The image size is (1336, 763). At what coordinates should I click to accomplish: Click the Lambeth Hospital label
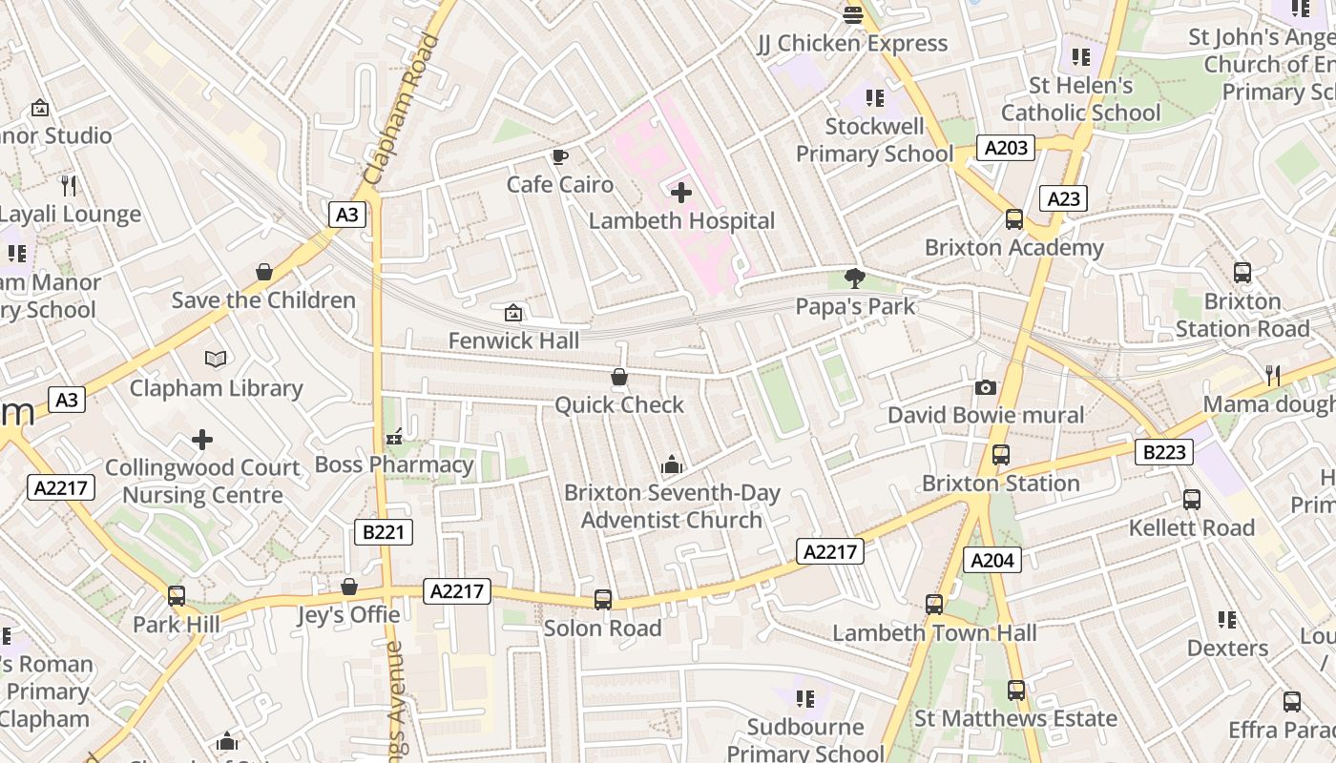[681, 221]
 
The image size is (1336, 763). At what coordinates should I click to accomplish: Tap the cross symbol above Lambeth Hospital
[681, 193]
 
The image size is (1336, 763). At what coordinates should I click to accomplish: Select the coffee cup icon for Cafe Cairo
[560, 156]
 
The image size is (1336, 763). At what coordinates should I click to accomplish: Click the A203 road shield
[1006, 148]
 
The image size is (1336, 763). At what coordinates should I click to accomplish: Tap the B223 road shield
[1164, 452]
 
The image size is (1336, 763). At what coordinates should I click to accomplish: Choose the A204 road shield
[992, 560]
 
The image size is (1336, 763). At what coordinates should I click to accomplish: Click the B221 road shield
[384, 532]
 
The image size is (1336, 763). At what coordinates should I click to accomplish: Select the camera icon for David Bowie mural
[986, 387]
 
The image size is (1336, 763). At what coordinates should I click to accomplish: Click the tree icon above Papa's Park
[855, 278]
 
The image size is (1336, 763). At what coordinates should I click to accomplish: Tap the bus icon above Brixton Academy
[1014, 219]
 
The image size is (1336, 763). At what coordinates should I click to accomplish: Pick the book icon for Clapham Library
[217, 360]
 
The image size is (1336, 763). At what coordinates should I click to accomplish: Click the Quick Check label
[619, 405]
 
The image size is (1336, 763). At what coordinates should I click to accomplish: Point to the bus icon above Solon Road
[603, 600]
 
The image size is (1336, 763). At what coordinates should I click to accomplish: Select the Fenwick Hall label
[513, 340]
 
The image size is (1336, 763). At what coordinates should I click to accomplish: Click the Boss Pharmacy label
[394, 464]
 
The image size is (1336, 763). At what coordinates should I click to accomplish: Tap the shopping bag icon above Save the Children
[264, 272]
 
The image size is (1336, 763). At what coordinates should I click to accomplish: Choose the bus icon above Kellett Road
[1192, 500]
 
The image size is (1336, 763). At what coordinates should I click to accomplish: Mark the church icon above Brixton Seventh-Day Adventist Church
[672, 464]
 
